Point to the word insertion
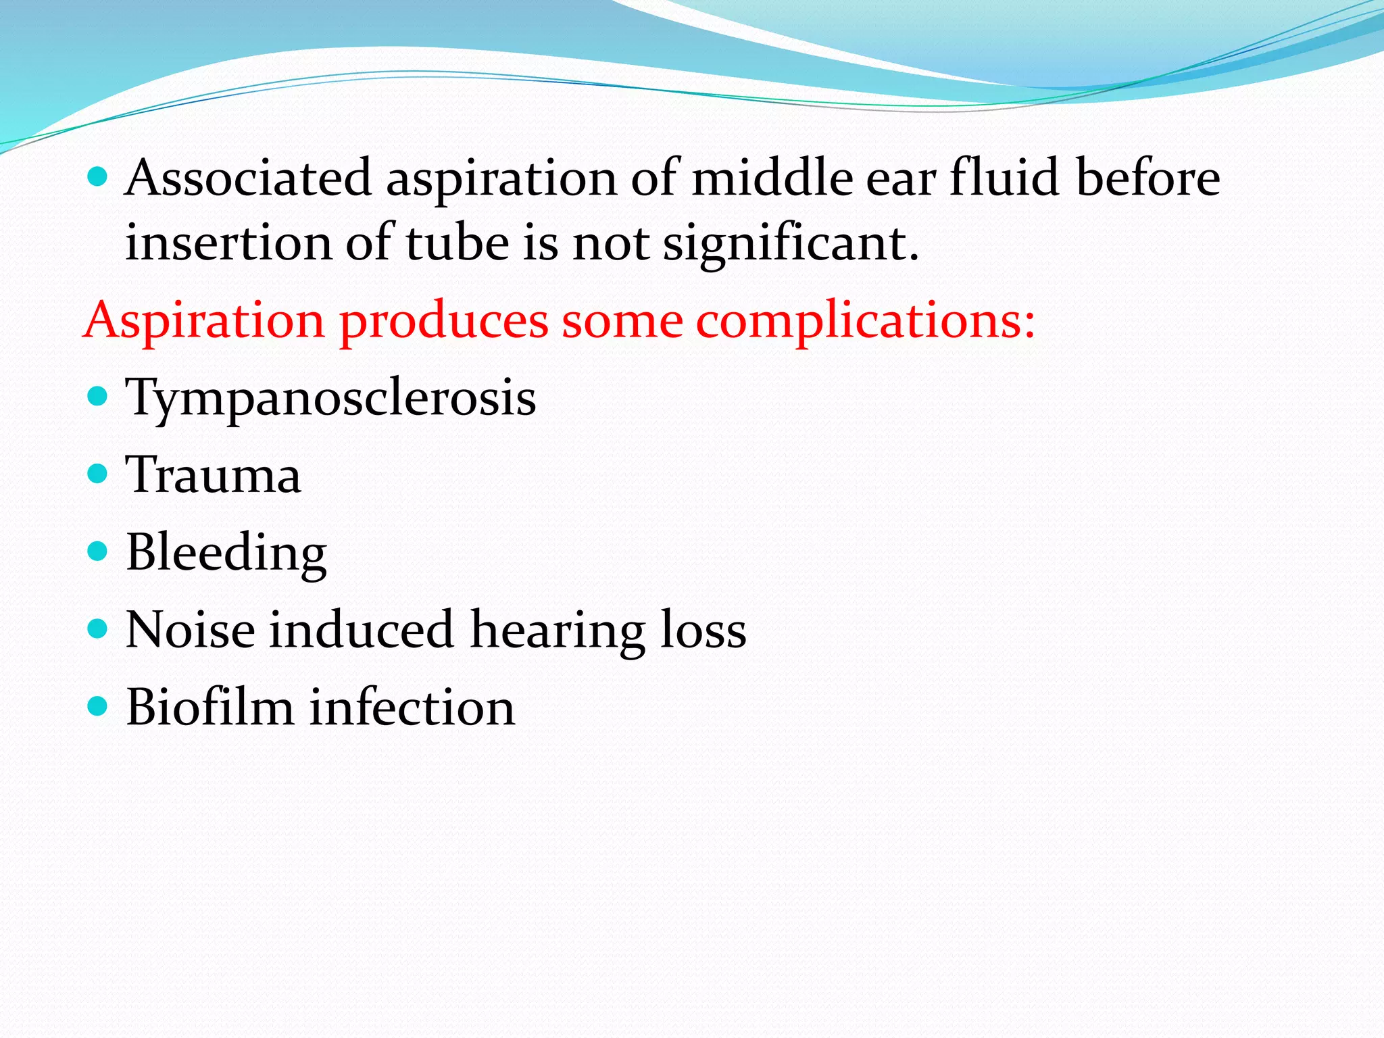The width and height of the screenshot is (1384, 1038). click(x=228, y=243)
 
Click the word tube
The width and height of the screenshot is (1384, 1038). click(x=457, y=243)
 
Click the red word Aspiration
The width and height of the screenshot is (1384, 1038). click(x=204, y=322)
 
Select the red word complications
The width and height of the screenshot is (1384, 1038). click(x=865, y=322)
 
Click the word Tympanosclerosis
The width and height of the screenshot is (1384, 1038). click(x=330, y=399)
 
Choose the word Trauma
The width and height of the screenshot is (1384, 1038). click(x=213, y=475)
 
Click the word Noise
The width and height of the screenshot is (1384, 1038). click(x=190, y=631)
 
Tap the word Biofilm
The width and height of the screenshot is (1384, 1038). click(x=209, y=708)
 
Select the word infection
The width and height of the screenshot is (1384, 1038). click(x=412, y=708)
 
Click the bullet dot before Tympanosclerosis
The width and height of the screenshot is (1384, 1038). click(x=98, y=395)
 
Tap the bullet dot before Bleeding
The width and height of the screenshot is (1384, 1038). click(x=98, y=551)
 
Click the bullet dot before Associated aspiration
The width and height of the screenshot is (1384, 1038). click(x=98, y=177)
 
